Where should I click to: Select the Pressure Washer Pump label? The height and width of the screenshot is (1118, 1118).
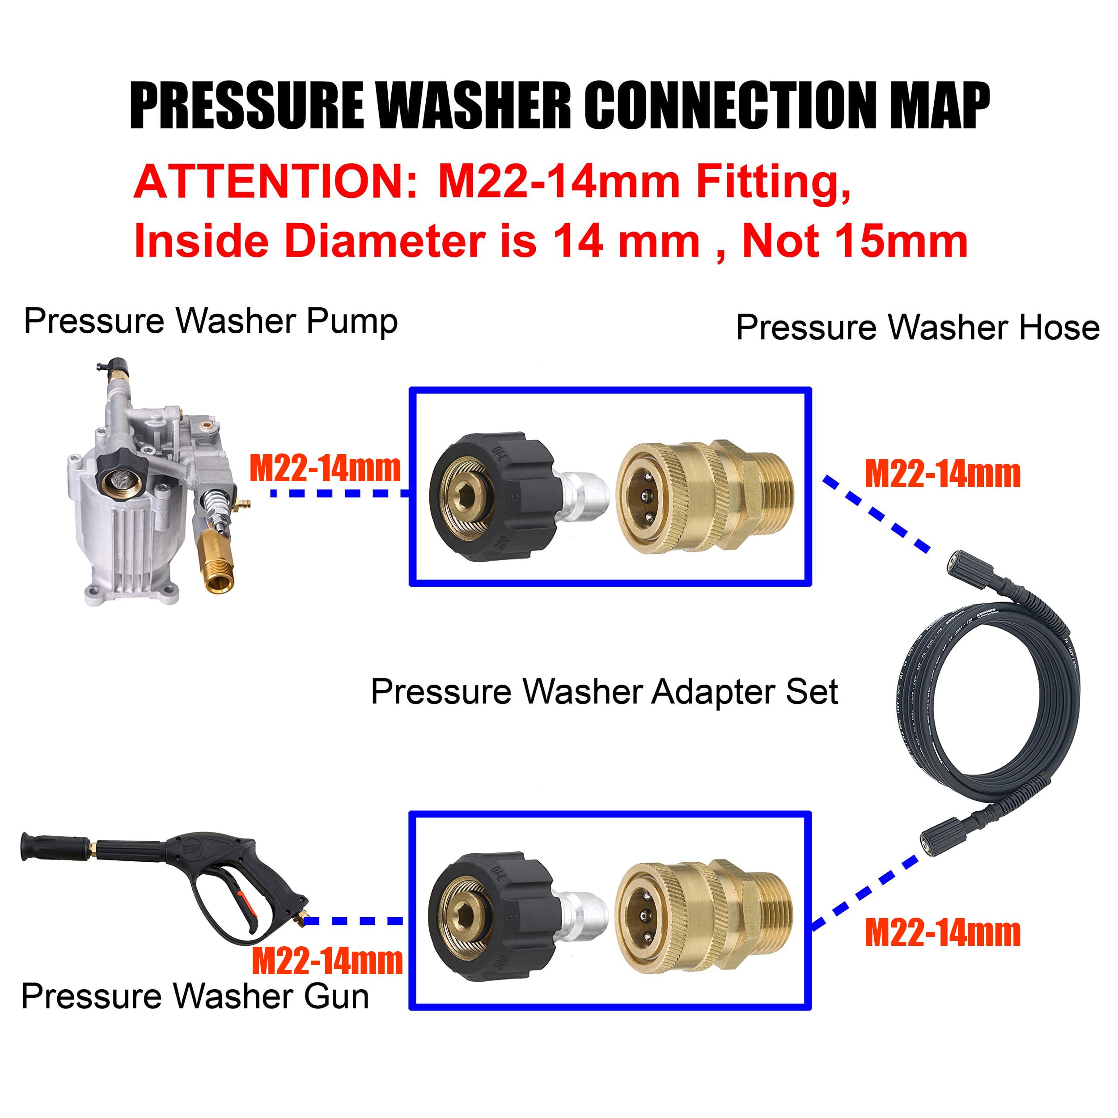tap(211, 321)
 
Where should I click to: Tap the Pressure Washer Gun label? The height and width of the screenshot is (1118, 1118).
tap(195, 996)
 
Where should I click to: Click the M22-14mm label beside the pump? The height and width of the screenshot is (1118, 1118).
tap(325, 469)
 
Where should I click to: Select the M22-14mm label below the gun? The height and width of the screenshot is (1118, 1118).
tap(327, 962)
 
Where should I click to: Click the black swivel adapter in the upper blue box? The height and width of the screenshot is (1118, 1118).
tap(498, 496)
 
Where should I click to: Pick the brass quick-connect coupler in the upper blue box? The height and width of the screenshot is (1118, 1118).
tap(703, 496)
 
